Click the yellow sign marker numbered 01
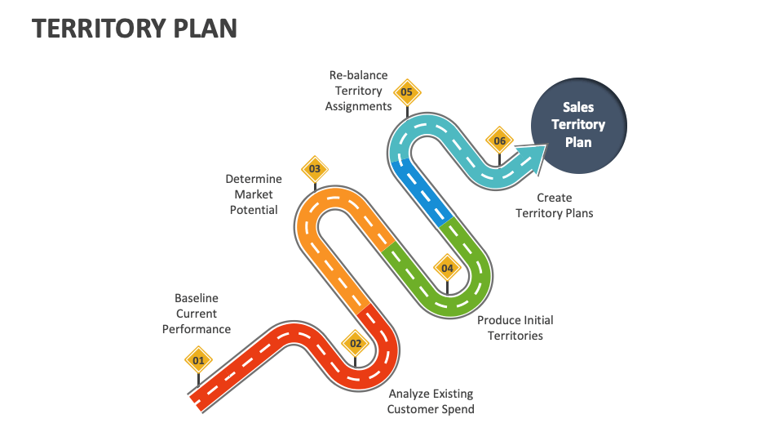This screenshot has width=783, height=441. click(x=198, y=360)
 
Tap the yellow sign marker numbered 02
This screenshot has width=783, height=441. click(x=355, y=344)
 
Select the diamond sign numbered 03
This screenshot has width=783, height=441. click(x=315, y=169)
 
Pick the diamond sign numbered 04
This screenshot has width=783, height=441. click(x=447, y=269)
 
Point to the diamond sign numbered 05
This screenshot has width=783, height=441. click(x=407, y=92)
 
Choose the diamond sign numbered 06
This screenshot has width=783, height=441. click(x=499, y=141)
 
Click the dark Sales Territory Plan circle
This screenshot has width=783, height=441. click(x=578, y=125)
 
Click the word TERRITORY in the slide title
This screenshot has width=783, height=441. click(x=99, y=29)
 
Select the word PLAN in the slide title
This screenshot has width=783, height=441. click(x=206, y=29)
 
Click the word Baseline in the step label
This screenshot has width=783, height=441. click(x=197, y=298)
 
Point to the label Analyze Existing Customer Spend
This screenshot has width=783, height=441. click(x=431, y=402)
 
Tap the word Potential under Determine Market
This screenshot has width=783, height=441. click(x=254, y=210)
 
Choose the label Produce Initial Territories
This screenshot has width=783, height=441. click(x=515, y=328)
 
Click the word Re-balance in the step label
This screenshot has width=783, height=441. click(x=358, y=75)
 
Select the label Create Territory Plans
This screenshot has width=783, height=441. click(x=555, y=206)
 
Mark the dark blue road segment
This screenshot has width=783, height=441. click(x=422, y=192)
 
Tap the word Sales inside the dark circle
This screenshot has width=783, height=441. click(x=578, y=107)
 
